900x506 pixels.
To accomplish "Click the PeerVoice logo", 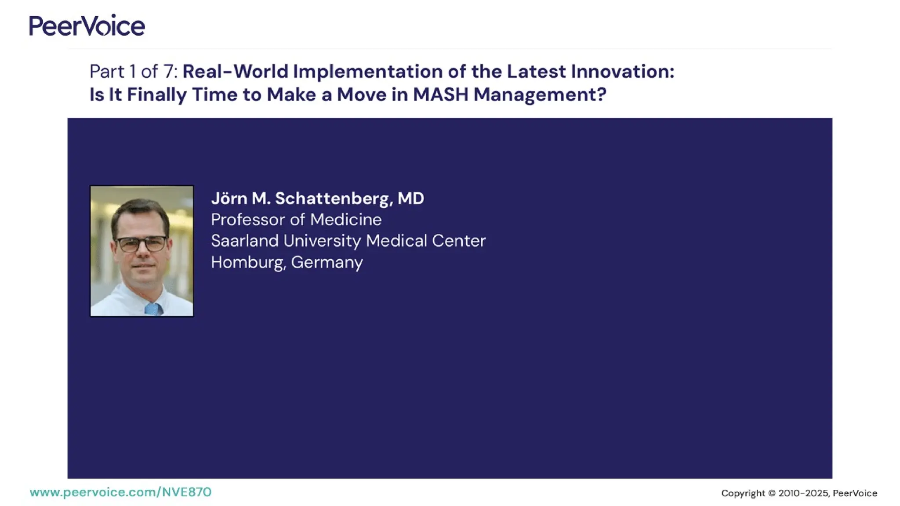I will (87, 25).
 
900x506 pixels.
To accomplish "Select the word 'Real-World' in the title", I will (235, 72).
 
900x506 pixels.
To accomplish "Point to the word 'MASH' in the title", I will (440, 94).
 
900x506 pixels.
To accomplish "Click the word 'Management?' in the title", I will (540, 94).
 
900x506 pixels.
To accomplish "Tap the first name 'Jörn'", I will (229, 199).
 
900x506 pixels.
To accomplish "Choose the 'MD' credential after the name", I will (410, 199).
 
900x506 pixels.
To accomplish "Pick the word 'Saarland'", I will (244, 241).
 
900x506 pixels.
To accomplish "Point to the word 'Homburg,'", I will (248, 262).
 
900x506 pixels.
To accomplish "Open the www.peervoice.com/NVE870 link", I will (120, 492).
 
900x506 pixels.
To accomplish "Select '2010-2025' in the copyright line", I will (803, 493).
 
